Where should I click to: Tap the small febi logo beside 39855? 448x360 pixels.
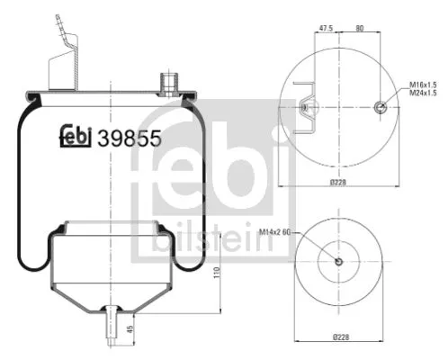click(76, 135)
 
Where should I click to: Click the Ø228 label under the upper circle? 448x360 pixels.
click(338, 184)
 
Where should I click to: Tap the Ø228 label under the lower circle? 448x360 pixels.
click(338, 337)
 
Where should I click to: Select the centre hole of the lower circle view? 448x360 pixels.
click(338, 262)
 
